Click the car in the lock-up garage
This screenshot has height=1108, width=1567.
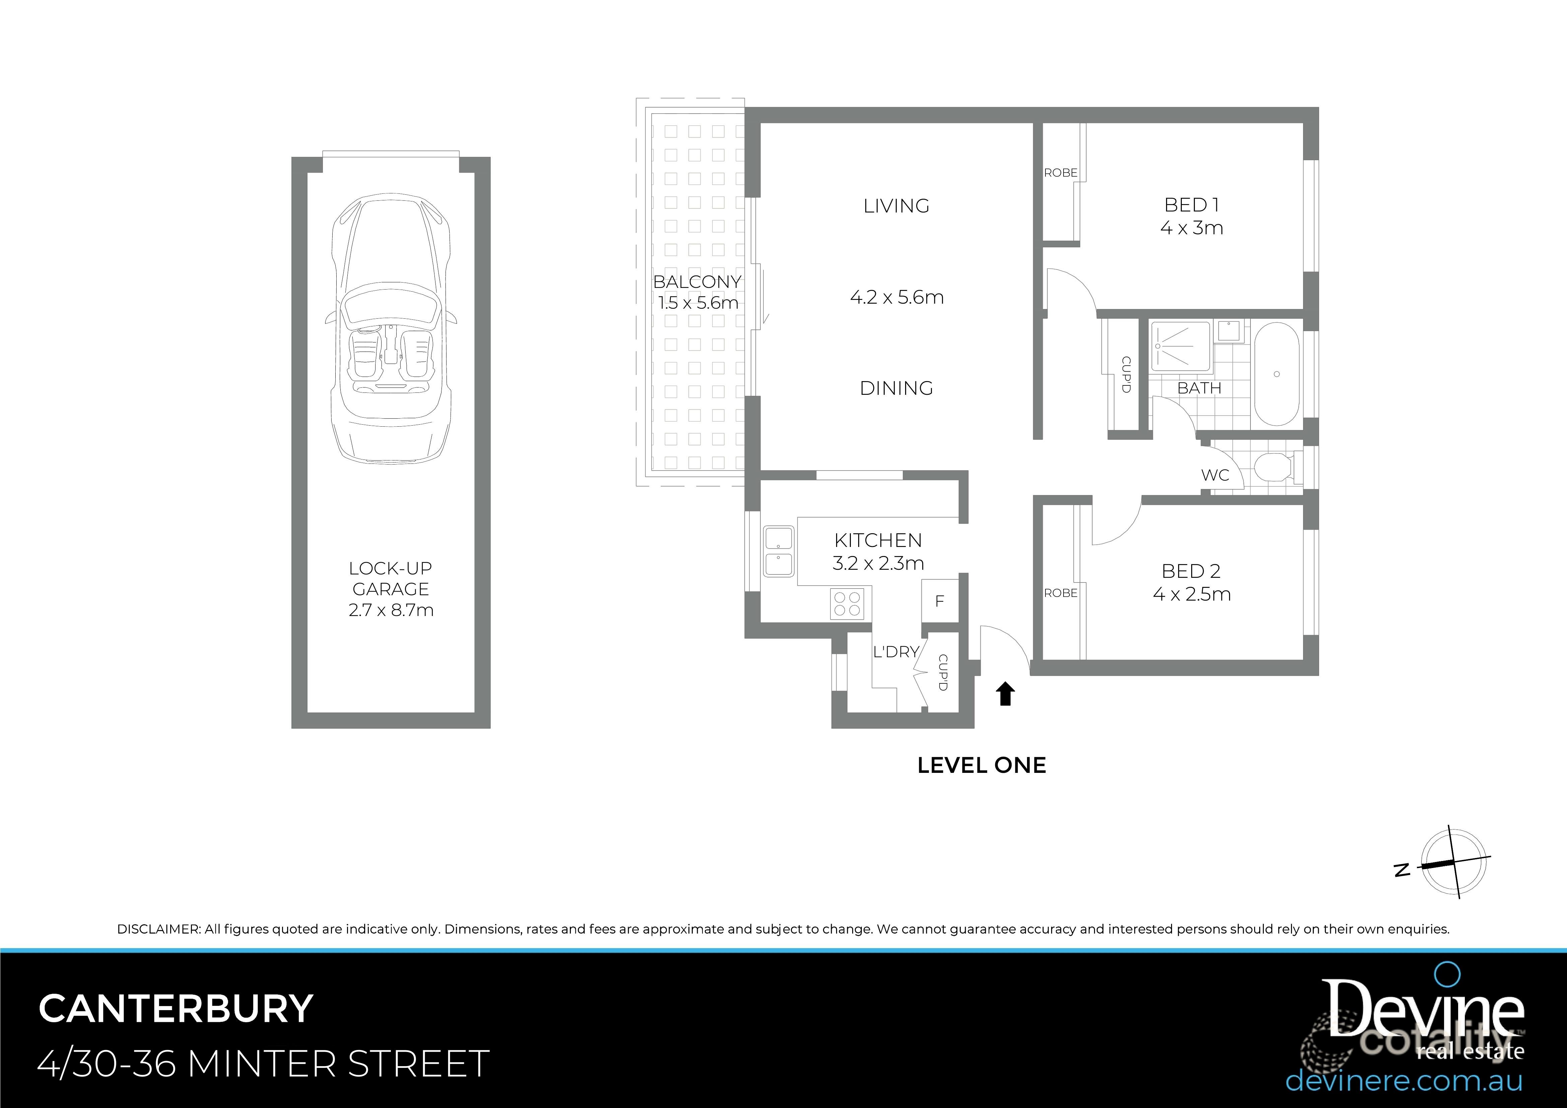click(x=390, y=328)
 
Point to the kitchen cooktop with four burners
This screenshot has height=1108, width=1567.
click(x=847, y=604)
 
